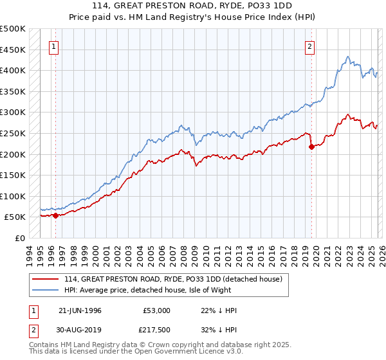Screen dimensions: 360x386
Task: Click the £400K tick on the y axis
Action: tap(13, 70)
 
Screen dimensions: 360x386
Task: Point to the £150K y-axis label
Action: tap(13, 175)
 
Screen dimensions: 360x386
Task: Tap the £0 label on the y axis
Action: tap(19, 238)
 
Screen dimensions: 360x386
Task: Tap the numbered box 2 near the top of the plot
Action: tap(309, 46)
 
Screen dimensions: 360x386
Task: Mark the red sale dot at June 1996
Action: tap(55, 215)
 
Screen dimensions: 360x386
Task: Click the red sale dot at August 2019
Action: tap(311, 147)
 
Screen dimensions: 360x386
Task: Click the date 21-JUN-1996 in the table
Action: tap(80, 310)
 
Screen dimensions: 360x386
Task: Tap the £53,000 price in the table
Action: tap(156, 310)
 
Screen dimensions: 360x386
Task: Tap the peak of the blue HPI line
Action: tap(347, 57)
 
